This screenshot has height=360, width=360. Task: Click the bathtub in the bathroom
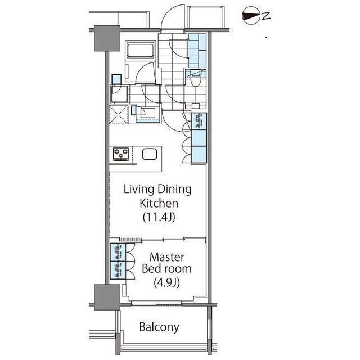point(141,49)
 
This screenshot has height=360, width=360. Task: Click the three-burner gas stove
point(121,154)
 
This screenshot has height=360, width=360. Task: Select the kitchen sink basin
point(150,154)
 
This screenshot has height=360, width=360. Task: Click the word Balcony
point(159,327)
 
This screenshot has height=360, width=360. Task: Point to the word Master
point(166,257)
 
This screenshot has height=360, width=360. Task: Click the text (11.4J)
point(159,217)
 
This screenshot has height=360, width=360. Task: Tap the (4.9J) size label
point(166,282)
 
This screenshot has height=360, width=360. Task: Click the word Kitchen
point(159,203)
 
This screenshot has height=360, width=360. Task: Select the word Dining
point(174,190)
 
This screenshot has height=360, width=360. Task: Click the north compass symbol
point(251,16)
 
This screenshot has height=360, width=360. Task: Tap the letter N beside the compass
point(266,16)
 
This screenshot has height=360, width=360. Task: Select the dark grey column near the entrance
point(107,38)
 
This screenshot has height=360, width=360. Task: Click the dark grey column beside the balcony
point(107,298)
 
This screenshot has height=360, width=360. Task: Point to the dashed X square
point(119,115)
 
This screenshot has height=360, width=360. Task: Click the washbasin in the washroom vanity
point(147,113)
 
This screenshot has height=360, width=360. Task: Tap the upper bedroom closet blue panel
point(118,253)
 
